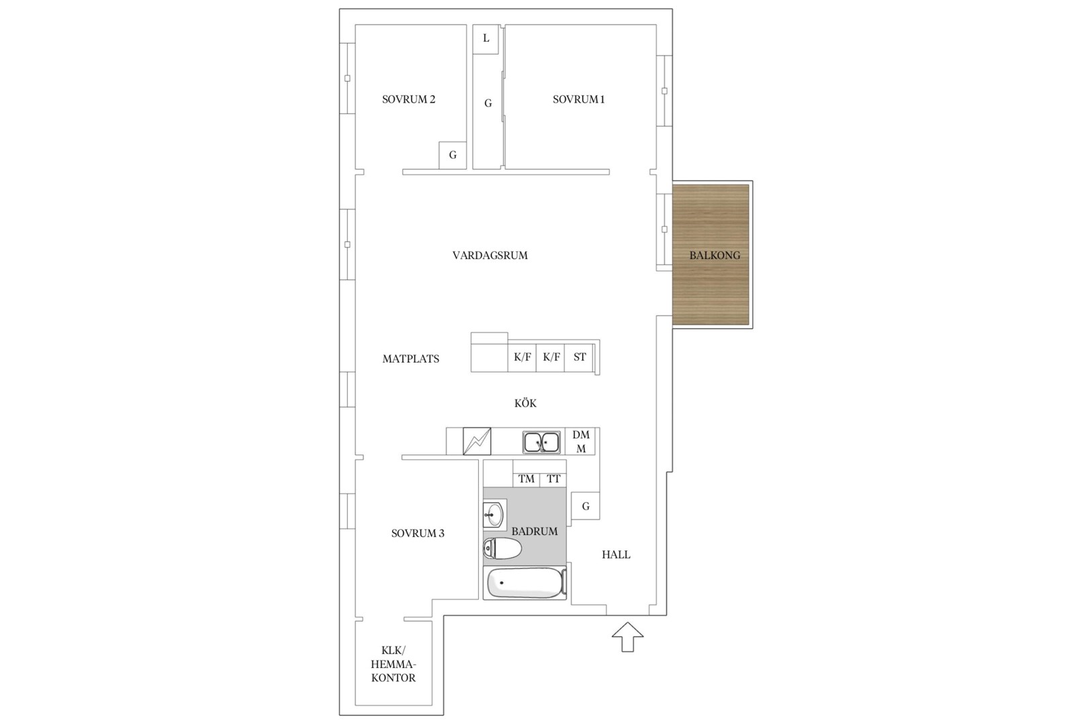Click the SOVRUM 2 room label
(x=408, y=99)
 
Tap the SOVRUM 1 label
(x=578, y=99)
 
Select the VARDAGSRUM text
(x=490, y=255)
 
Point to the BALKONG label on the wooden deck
(x=715, y=255)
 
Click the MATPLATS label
(x=410, y=359)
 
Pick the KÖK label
(x=526, y=403)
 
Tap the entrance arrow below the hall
(x=627, y=636)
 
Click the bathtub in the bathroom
(x=527, y=583)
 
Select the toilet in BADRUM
(x=502, y=548)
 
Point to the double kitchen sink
(x=541, y=442)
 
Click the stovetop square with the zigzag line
(x=477, y=442)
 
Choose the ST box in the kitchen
(x=579, y=357)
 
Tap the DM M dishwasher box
(x=580, y=442)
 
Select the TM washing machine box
(x=527, y=479)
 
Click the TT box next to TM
(x=553, y=479)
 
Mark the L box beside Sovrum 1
(x=486, y=39)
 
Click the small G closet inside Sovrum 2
(x=453, y=155)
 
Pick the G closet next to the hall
(x=585, y=506)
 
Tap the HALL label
(x=616, y=554)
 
